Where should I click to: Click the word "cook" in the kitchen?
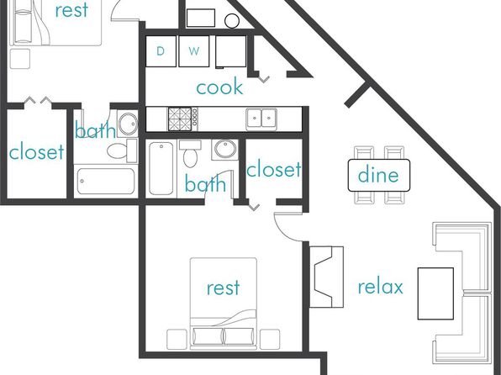tap(219, 87)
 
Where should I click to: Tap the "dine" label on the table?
tap(378, 175)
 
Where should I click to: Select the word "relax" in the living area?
tap(380, 287)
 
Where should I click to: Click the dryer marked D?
tap(161, 51)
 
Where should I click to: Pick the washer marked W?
tap(194, 51)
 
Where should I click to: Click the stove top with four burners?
tap(180, 119)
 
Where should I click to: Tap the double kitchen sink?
tap(261, 119)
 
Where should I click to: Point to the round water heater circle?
tap(232, 21)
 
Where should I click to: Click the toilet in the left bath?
tap(122, 151)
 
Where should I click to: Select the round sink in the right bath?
tap(225, 150)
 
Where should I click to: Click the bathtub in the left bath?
tap(106, 181)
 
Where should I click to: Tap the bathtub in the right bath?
tap(161, 168)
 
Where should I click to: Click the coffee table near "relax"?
tap(435, 293)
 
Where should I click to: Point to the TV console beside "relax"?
tap(326, 277)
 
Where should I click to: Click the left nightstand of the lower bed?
tap(177, 339)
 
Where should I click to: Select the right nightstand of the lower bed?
tap(270, 339)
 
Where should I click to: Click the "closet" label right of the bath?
tap(273, 170)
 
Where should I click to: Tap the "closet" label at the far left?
tap(36, 152)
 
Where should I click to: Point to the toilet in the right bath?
tap(190, 154)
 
